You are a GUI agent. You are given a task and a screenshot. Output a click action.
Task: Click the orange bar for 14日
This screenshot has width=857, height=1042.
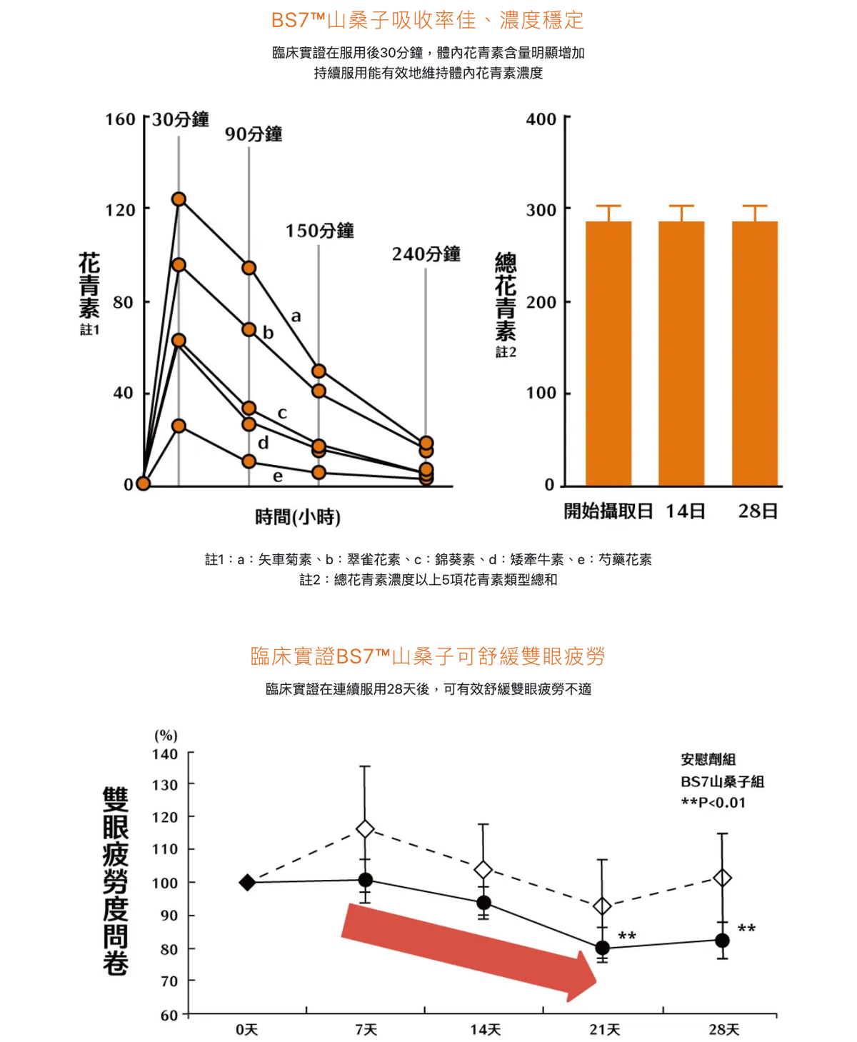(x=681, y=354)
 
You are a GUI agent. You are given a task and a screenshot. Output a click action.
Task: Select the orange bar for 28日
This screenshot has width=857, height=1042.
(x=755, y=354)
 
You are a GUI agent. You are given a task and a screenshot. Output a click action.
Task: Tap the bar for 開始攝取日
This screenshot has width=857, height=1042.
(x=608, y=354)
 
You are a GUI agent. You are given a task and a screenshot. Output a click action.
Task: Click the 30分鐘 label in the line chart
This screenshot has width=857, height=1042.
(x=181, y=119)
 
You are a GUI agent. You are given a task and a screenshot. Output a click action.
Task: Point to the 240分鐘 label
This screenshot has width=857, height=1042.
(x=426, y=254)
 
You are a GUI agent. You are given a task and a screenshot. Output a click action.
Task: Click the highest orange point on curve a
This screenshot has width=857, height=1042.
(x=179, y=199)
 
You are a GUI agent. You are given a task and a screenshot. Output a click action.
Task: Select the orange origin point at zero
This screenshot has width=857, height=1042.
(x=143, y=484)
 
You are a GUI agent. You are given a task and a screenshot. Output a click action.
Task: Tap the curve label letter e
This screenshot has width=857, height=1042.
(x=278, y=476)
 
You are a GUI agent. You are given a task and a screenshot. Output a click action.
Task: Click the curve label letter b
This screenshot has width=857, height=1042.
(x=269, y=333)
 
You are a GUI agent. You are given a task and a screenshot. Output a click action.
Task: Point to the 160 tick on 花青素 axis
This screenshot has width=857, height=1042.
(x=120, y=119)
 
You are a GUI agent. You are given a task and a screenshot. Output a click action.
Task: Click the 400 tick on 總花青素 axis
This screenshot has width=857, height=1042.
(x=541, y=119)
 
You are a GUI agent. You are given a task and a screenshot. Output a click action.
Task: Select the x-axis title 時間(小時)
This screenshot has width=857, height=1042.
(x=298, y=516)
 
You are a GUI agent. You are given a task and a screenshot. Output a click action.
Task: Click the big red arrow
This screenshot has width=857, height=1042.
(x=468, y=951)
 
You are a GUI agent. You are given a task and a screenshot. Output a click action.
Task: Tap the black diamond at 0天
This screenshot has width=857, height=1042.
(x=247, y=883)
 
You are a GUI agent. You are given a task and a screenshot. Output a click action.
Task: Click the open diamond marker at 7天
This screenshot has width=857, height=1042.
(x=365, y=829)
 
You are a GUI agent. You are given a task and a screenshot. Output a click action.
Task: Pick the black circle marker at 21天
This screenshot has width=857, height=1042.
(x=602, y=948)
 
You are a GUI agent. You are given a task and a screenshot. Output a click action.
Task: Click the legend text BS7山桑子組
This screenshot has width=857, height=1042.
(x=722, y=781)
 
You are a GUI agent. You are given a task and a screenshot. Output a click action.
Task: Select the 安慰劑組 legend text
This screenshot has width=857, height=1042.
(x=708, y=759)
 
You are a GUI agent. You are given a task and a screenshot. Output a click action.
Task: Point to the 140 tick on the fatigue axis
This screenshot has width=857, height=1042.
(x=165, y=754)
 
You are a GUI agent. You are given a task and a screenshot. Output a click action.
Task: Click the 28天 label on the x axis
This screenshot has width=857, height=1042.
(x=723, y=1029)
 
